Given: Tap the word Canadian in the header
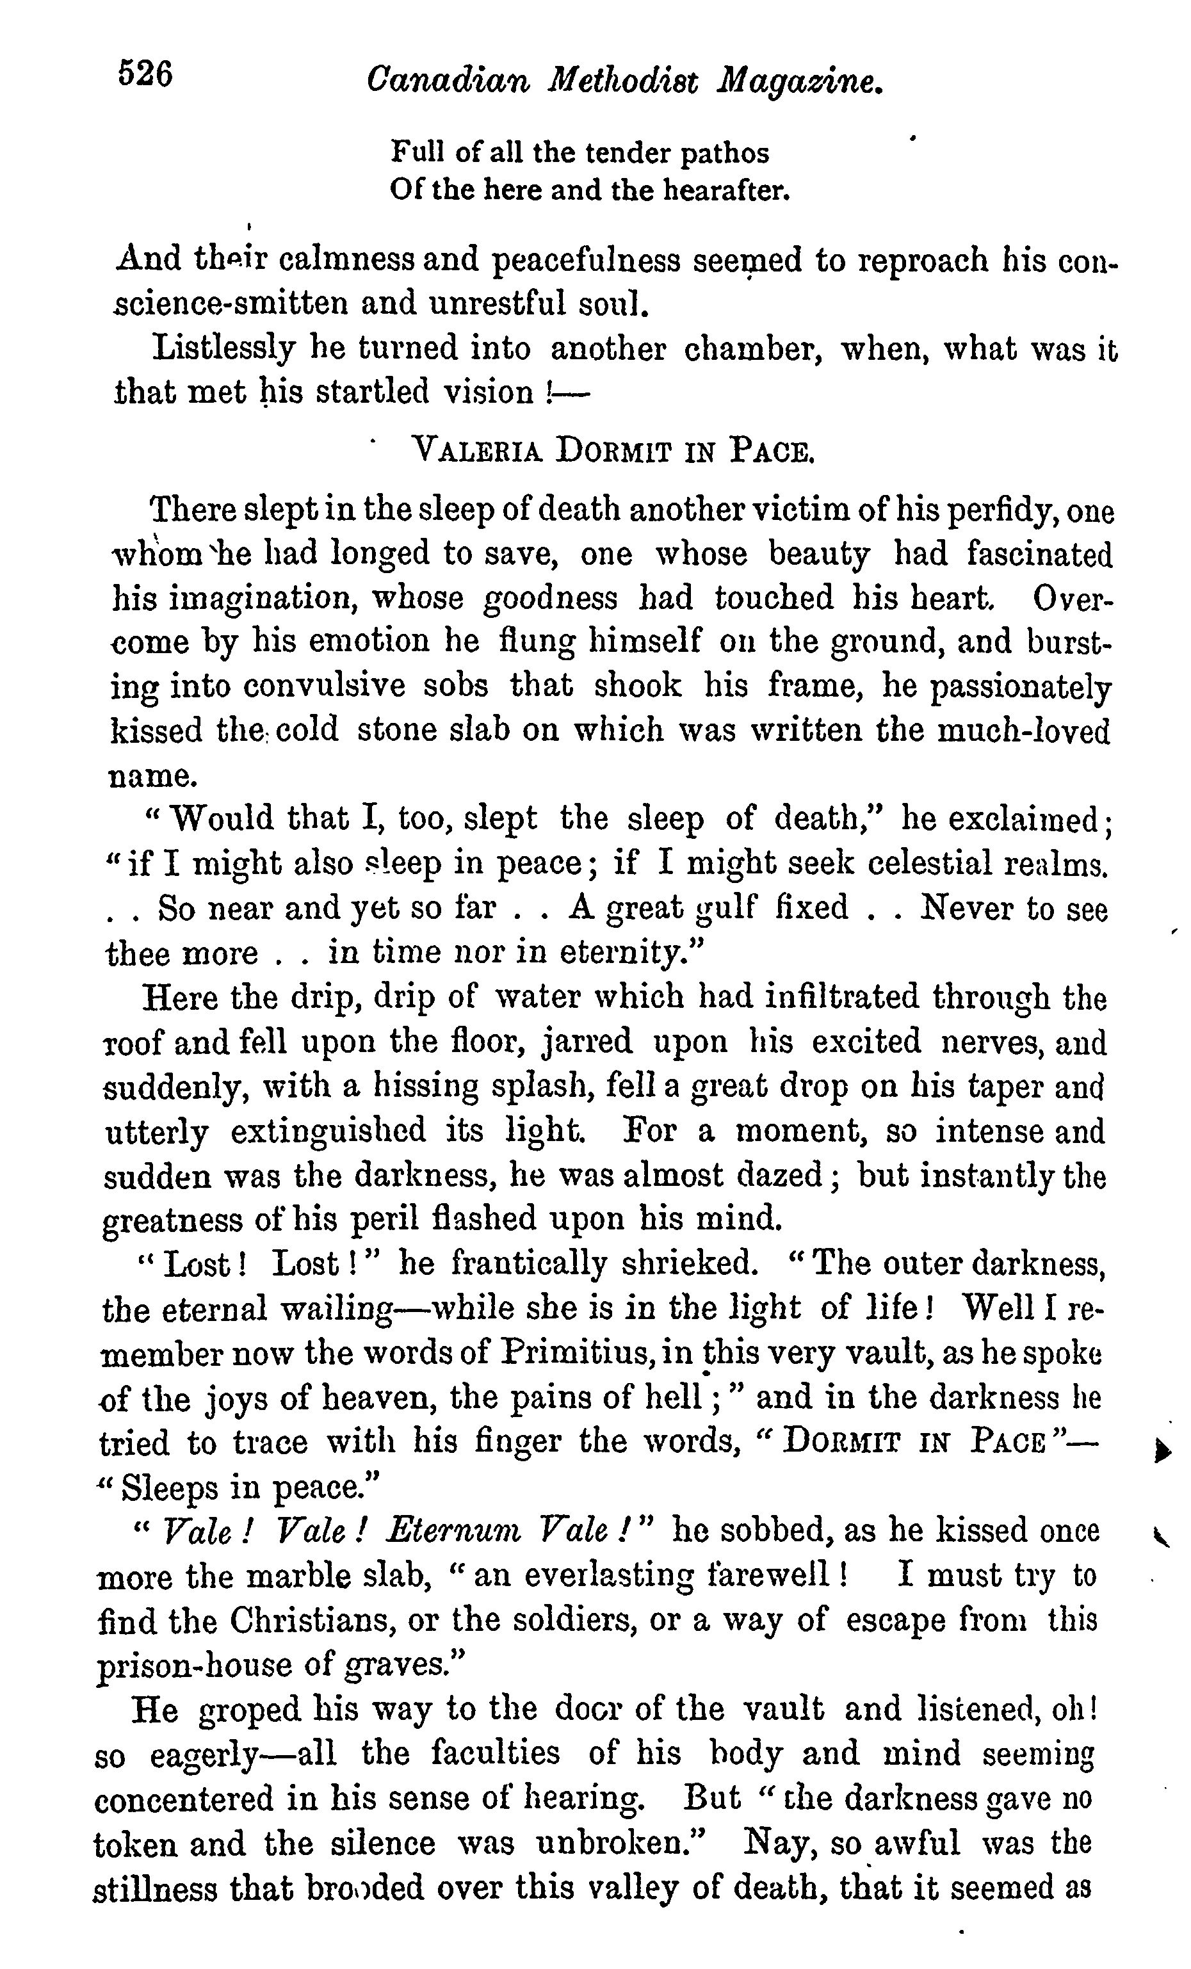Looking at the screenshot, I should pyautogui.click(x=448, y=81).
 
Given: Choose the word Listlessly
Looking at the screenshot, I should pyautogui.click(x=223, y=349).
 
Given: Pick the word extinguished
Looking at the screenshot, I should pyautogui.click(x=340, y=1131).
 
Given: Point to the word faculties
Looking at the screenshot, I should pyautogui.click(x=495, y=1753).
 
